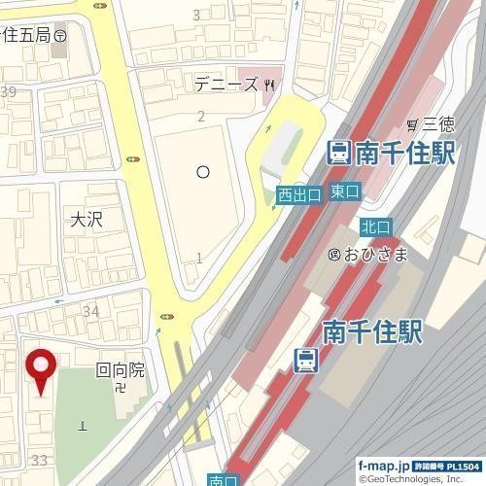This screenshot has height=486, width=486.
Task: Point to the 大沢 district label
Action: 86,220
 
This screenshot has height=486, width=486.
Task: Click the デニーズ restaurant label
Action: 226,85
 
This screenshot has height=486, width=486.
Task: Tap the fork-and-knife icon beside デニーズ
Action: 268,86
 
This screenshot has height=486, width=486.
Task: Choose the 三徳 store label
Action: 437,124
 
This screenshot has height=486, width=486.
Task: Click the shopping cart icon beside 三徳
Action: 413,124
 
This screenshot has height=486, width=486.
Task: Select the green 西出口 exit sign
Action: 298,194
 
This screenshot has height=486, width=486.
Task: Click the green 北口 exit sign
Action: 375,226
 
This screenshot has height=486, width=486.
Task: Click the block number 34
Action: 91,311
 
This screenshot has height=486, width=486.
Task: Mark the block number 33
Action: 41,459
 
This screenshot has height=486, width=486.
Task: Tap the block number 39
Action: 9,92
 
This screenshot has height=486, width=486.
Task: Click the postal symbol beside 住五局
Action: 60,34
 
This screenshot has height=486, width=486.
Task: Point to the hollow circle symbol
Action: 203,172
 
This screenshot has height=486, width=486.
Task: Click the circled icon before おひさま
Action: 334,255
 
